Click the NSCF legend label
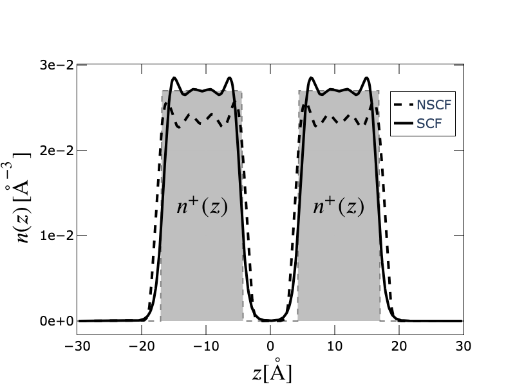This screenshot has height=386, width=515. click(434, 106)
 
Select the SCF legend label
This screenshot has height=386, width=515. click(429, 124)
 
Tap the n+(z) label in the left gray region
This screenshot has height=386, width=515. click(202, 206)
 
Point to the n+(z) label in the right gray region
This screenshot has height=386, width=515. click(339, 206)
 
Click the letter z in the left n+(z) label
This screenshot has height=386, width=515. click(215, 207)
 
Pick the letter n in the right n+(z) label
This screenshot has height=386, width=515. click(319, 207)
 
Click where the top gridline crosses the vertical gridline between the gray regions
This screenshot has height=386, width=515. click(270, 65)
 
